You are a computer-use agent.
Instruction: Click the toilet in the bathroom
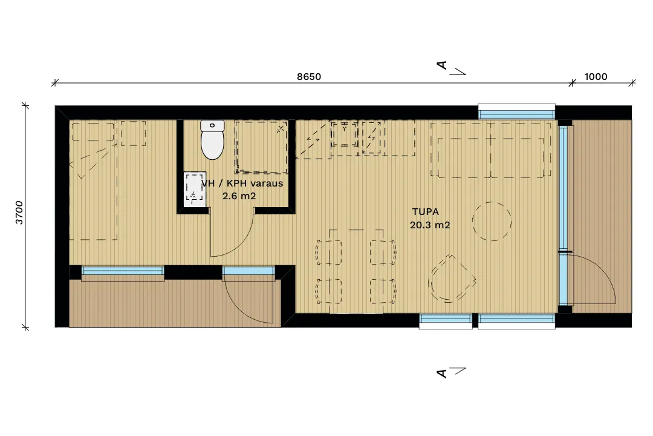click(x=212, y=140)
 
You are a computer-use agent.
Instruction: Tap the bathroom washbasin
click(x=195, y=189)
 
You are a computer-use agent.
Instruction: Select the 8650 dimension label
click(x=309, y=77)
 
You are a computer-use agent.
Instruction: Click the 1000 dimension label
click(x=596, y=77)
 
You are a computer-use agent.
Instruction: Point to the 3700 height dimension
click(x=19, y=213)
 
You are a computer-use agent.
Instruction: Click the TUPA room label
click(x=425, y=212)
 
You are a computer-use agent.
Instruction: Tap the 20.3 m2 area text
click(x=430, y=225)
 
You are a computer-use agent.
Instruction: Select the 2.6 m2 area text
click(x=239, y=196)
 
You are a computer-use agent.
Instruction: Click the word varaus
click(x=267, y=183)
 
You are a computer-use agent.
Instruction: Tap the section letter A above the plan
click(x=442, y=65)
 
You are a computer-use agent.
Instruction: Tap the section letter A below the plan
click(x=442, y=373)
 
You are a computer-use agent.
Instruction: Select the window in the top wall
click(x=516, y=113)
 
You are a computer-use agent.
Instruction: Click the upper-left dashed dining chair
click(x=329, y=252)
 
